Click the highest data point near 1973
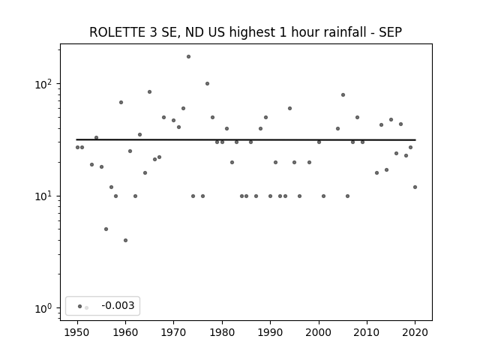(188, 57)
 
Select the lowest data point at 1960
(125, 240)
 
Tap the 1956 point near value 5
(106, 229)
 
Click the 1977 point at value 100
(207, 83)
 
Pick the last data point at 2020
(415, 187)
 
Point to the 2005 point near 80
(343, 95)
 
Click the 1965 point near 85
(149, 91)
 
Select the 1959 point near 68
(121, 102)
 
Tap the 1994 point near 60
(289, 108)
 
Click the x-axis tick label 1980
(222, 332)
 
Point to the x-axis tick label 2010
(367, 332)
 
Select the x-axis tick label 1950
(77, 332)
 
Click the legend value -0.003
(118, 305)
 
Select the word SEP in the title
(390, 32)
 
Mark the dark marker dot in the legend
(80, 306)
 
